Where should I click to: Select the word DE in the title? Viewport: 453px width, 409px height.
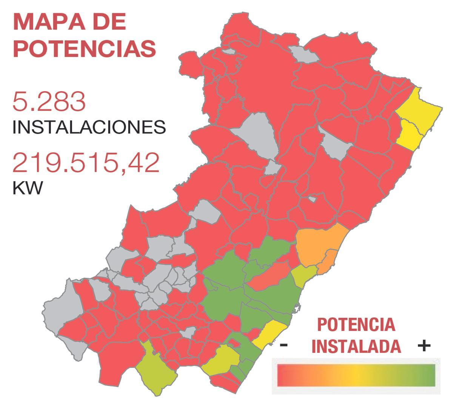(109, 22)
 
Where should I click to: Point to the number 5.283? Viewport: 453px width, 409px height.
(49, 101)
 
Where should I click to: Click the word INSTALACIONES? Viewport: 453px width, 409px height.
(89, 127)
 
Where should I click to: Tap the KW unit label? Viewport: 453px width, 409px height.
(28, 187)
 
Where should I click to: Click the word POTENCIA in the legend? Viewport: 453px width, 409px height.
(356, 325)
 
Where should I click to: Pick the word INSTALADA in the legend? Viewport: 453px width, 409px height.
(356, 346)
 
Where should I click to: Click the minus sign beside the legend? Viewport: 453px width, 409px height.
(284, 345)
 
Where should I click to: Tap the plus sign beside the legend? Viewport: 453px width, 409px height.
(424, 345)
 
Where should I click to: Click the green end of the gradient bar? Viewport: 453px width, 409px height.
(423, 375)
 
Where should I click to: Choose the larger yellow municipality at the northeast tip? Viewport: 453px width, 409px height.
(419, 106)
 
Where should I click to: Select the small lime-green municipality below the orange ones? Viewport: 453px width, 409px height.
(304, 275)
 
